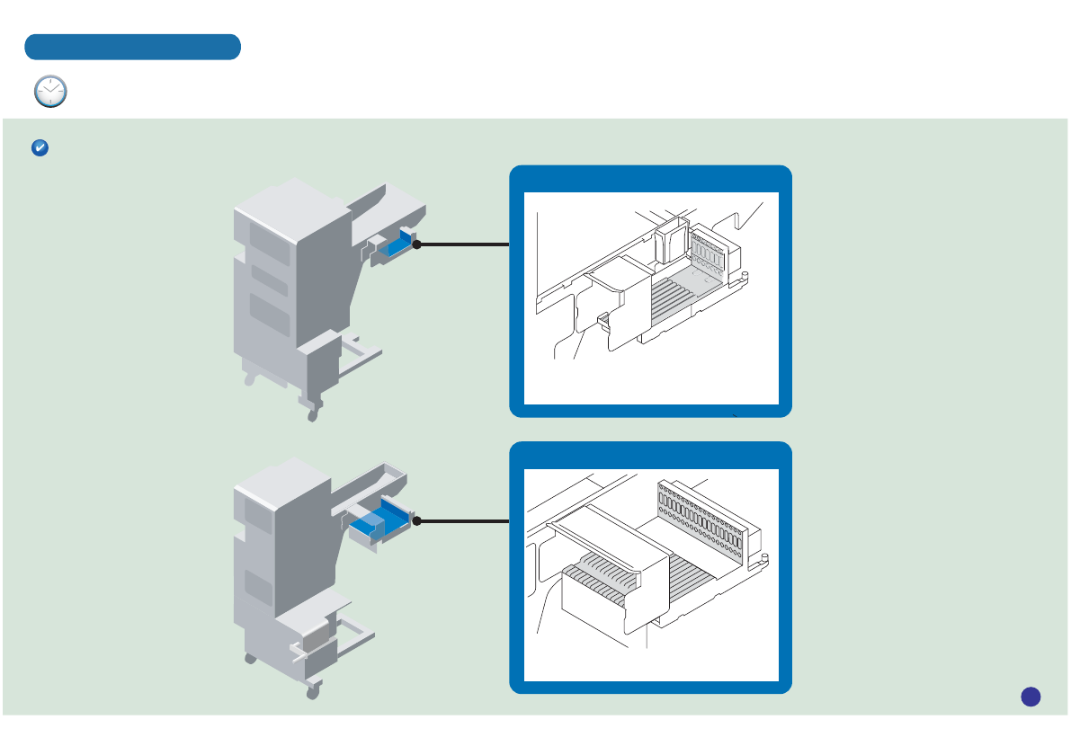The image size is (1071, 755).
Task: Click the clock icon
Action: [x=50, y=92]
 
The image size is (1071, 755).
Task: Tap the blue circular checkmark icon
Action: [x=40, y=148]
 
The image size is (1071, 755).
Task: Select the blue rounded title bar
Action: [x=132, y=47]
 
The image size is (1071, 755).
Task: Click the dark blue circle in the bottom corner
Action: [x=1031, y=696]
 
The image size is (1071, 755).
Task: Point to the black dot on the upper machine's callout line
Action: [x=417, y=244]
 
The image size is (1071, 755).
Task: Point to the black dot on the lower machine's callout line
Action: [x=417, y=520]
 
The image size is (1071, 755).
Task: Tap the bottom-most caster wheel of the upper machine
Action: [x=313, y=415]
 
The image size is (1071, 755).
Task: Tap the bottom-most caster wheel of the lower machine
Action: [x=312, y=692]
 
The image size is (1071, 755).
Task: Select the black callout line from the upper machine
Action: [x=464, y=244]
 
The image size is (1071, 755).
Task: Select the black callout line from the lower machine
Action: [x=464, y=520]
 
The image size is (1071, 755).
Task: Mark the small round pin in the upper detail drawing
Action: [x=745, y=272]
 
